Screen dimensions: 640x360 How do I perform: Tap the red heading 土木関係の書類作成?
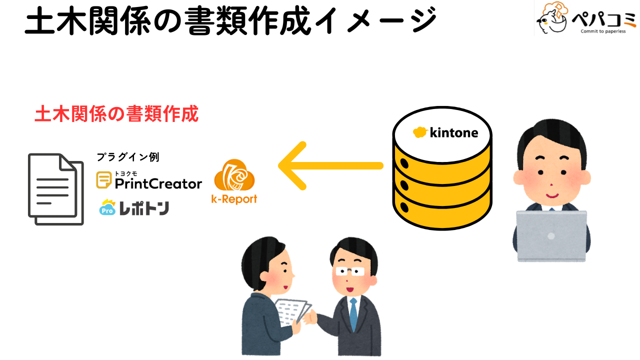pos(116,114)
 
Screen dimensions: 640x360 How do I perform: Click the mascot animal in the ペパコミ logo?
pos(552,18)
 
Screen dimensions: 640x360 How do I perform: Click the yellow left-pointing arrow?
pos(330,165)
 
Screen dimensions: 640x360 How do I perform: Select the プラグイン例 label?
pos(127,157)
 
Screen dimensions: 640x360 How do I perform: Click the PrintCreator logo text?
pos(158,183)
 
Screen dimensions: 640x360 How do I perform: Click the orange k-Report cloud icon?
pos(234,176)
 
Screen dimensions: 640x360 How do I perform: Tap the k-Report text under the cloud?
pos(234,199)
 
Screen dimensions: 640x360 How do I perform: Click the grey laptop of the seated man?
pos(551,235)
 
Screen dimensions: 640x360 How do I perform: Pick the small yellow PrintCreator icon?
pos(104,180)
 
